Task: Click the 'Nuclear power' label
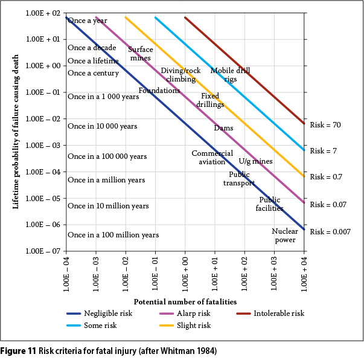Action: pos(285,236)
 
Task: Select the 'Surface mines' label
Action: pos(141,54)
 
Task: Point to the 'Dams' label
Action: pos(224,128)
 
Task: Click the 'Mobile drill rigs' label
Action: pos(230,75)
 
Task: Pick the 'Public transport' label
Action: pos(239,179)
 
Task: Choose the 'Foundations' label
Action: pos(159,91)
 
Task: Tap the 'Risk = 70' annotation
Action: pos(326,125)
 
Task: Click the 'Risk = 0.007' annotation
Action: pos(330,231)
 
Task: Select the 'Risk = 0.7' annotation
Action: pos(326,177)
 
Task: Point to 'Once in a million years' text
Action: pos(106,180)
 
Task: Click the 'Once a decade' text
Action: pos(92,48)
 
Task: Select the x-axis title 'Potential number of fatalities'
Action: pos(185,301)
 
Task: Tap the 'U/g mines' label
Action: pos(255,161)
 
